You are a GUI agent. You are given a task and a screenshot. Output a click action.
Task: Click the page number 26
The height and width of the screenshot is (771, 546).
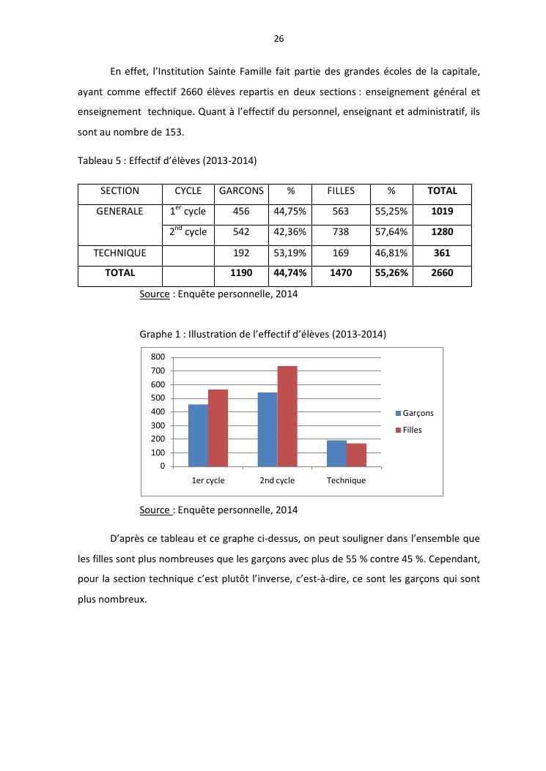point(278,39)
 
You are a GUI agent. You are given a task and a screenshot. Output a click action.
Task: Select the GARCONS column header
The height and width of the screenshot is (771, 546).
point(241,191)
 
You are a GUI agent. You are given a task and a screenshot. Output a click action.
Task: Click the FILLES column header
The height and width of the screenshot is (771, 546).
point(341,191)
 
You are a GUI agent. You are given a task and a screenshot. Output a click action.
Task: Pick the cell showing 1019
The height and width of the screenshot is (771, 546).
point(443,212)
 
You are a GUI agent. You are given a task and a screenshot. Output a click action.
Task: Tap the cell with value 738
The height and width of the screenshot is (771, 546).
point(341,232)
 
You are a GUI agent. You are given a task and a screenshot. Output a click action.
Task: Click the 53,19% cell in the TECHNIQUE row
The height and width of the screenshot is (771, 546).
point(290,253)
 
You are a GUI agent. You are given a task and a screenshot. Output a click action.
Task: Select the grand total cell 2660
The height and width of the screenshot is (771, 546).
point(443,273)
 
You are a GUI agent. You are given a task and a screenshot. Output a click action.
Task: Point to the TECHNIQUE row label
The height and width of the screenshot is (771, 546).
point(119,253)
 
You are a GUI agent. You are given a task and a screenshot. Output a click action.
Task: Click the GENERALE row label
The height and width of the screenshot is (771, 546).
point(119,212)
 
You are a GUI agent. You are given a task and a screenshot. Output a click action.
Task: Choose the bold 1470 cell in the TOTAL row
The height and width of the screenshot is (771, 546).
point(341,273)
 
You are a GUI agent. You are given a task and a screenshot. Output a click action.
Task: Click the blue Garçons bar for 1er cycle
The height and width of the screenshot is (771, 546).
point(198,435)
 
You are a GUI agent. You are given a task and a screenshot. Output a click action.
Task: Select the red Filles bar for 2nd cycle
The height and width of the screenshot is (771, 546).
point(287,416)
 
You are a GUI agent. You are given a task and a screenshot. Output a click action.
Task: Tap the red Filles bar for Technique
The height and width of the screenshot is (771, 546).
point(356,455)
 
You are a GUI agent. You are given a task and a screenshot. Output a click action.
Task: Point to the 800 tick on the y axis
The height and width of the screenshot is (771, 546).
point(158,357)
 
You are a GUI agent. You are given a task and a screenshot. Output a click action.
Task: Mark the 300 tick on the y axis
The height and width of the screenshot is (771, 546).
point(158,425)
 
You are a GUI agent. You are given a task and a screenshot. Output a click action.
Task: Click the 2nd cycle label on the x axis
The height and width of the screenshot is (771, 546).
point(277,481)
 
